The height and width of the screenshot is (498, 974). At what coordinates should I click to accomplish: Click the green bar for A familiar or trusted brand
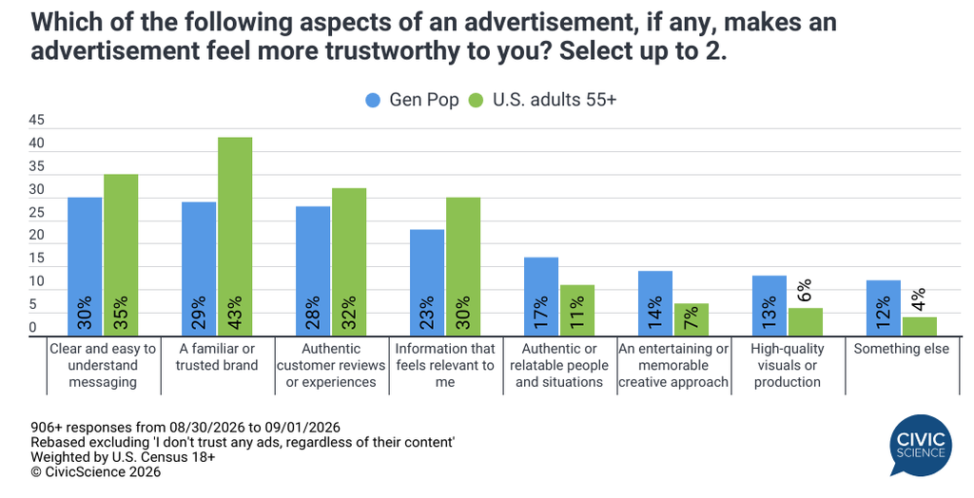235,237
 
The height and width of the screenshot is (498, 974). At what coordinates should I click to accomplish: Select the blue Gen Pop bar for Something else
883,309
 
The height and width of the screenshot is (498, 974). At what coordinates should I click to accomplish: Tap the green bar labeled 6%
805,322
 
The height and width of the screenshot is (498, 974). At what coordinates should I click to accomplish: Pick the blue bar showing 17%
541,297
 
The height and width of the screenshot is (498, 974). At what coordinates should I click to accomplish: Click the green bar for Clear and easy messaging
121,256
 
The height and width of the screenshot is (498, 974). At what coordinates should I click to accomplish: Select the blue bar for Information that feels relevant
427,283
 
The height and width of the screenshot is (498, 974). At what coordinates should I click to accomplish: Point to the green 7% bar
692,319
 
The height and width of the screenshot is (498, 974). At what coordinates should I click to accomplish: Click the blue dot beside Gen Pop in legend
373,100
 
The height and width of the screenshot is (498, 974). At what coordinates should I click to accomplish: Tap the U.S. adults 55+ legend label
555,100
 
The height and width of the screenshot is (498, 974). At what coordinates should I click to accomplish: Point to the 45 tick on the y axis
37,121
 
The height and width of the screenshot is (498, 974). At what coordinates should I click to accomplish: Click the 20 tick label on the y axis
37,236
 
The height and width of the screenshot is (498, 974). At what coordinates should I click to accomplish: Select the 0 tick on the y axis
33,327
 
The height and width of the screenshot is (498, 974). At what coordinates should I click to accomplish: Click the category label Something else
902,349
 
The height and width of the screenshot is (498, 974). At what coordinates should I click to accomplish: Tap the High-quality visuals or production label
787,366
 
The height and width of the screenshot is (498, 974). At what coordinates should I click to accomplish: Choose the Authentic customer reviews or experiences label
331,366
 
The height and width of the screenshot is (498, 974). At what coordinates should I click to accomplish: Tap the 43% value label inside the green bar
236,313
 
